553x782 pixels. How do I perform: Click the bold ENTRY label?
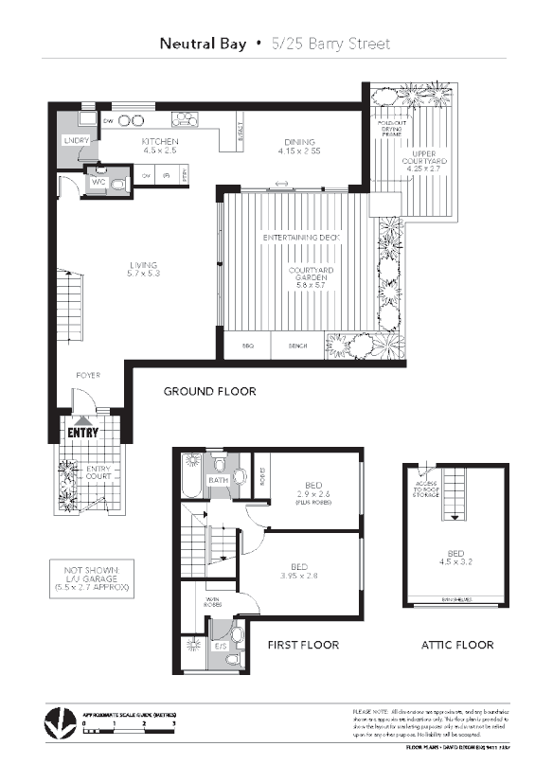click(x=83, y=433)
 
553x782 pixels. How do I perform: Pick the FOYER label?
click(x=87, y=375)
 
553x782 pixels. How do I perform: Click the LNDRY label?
click(x=75, y=140)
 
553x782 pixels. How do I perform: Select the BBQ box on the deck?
click(x=248, y=347)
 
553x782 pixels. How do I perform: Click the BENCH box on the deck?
click(x=296, y=347)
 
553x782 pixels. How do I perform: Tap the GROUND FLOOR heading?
click(x=209, y=391)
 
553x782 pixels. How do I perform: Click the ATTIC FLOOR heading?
click(x=457, y=645)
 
